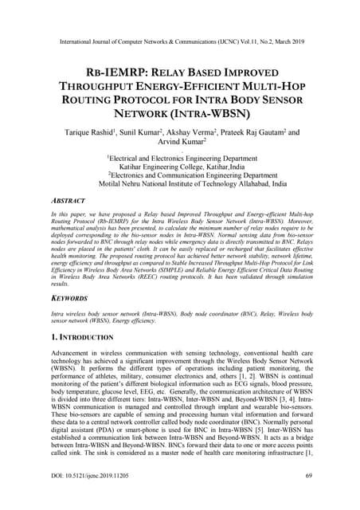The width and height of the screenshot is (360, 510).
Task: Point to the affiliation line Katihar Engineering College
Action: [x=179, y=170]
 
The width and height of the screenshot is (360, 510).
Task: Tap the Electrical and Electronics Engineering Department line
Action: [x=180, y=159]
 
